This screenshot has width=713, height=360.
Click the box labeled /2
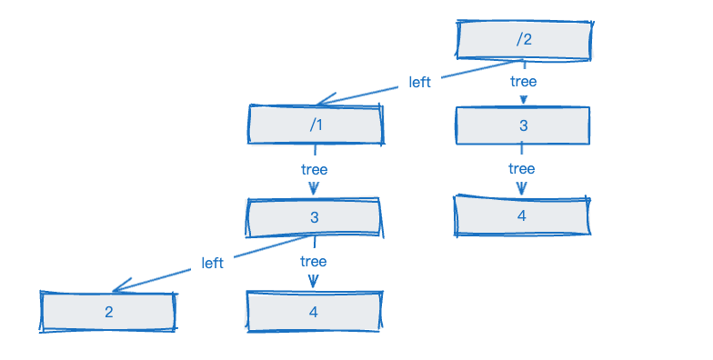pyautogui.click(x=524, y=40)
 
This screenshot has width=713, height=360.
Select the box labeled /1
pyautogui.click(x=316, y=125)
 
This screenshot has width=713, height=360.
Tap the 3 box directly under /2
pyautogui.click(x=523, y=125)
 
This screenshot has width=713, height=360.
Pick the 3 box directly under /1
pyautogui.click(x=315, y=217)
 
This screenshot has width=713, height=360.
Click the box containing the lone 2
pyautogui.click(x=108, y=312)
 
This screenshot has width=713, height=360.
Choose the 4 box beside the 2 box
pyautogui.click(x=314, y=312)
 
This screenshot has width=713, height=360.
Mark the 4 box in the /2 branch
pyautogui.click(x=522, y=215)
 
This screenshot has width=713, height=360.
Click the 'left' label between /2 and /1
pyautogui.click(x=419, y=82)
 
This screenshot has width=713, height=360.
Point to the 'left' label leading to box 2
pyautogui.click(x=213, y=263)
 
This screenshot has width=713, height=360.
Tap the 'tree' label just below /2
pyautogui.click(x=524, y=82)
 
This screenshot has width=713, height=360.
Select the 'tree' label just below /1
pyautogui.click(x=315, y=169)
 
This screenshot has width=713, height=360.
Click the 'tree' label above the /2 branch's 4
pyautogui.click(x=522, y=169)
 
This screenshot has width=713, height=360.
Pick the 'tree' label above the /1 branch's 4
pyautogui.click(x=313, y=262)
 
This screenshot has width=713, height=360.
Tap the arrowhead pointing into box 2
pyautogui.click(x=121, y=285)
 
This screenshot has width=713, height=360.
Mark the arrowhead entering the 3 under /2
pyautogui.click(x=524, y=100)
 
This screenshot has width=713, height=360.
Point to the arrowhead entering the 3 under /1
pyautogui.click(x=314, y=188)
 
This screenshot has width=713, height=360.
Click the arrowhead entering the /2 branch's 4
pyautogui.click(x=522, y=188)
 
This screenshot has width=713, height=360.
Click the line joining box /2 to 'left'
pyautogui.click(x=482, y=69)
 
